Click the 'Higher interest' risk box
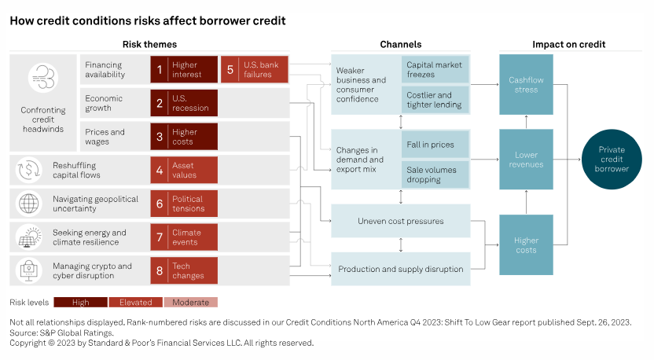(x=184, y=69)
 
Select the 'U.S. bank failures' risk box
(x=255, y=69)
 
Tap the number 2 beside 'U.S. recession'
(x=160, y=103)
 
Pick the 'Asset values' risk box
(x=184, y=170)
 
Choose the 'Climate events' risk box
(x=184, y=237)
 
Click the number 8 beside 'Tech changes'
(x=160, y=270)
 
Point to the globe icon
(x=29, y=204)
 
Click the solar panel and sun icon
(x=29, y=237)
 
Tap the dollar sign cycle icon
(x=29, y=171)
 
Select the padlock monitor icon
(x=29, y=270)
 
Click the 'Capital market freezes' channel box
(x=435, y=69)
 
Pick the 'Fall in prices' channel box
(x=435, y=145)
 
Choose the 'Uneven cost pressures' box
(x=400, y=221)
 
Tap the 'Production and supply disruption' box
(x=400, y=269)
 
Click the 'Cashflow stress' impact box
(x=526, y=84)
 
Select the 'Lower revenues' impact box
(x=526, y=160)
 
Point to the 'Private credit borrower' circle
(x=612, y=159)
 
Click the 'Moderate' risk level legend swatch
(x=190, y=302)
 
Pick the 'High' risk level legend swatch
(x=80, y=302)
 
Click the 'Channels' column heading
(x=400, y=44)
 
